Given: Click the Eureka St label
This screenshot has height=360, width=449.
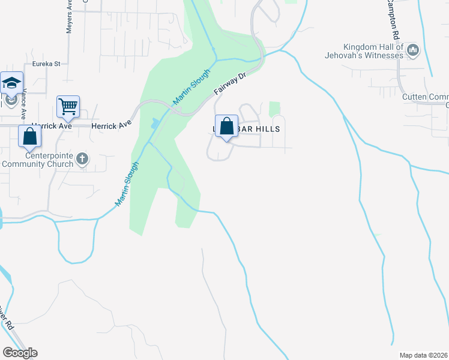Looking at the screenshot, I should (x=47, y=63).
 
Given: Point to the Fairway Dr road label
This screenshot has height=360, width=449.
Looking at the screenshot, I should (x=231, y=85).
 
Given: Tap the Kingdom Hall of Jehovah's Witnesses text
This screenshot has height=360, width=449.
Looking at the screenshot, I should (x=372, y=51).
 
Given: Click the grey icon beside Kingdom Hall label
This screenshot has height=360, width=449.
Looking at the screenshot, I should (x=412, y=50).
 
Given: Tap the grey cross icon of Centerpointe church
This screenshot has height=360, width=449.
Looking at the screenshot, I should (x=83, y=159).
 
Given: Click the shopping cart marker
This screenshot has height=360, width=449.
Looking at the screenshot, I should (x=68, y=107).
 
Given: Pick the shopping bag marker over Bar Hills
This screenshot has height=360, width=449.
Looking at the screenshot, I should (x=226, y=127).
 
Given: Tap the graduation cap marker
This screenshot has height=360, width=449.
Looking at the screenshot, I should (x=11, y=83).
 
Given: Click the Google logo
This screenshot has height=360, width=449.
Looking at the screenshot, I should (x=20, y=353).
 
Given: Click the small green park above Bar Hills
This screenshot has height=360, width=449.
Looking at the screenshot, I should (x=274, y=109).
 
